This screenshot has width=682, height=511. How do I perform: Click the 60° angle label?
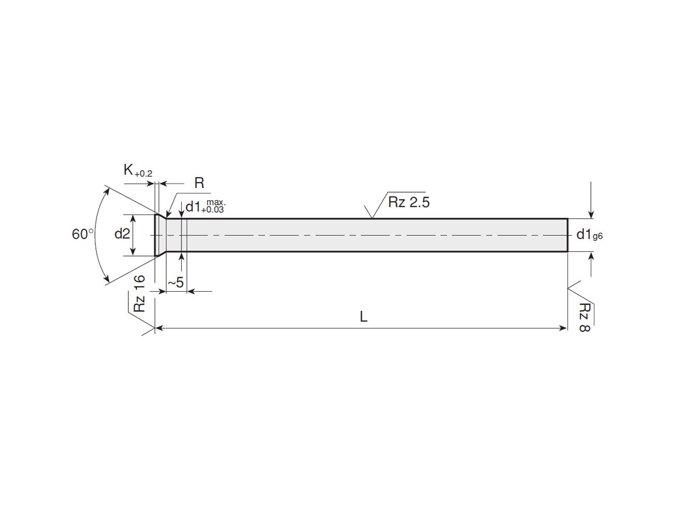point(83,234)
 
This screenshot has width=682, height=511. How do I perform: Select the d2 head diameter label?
point(122,234)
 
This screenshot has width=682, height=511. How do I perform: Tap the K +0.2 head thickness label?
point(137,170)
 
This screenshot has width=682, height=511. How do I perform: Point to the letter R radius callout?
point(199,183)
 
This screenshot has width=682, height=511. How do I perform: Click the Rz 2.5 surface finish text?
point(409,202)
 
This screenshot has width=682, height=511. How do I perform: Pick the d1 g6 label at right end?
point(589,235)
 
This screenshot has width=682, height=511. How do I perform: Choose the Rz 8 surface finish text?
point(584,317)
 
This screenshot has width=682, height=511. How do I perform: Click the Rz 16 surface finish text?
point(140,293)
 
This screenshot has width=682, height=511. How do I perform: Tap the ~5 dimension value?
point(176,283)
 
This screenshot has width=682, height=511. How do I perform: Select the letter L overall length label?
point(363,317)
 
